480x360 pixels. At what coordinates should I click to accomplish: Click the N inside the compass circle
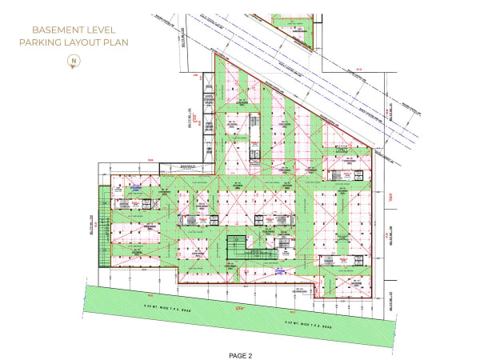(x=74, y=59)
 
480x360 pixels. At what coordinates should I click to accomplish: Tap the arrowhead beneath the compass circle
(x=74, y=67)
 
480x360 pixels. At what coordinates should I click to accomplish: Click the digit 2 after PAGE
(x=250, y=353)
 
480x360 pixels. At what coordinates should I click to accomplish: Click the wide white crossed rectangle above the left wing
(x=182, y=167)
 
